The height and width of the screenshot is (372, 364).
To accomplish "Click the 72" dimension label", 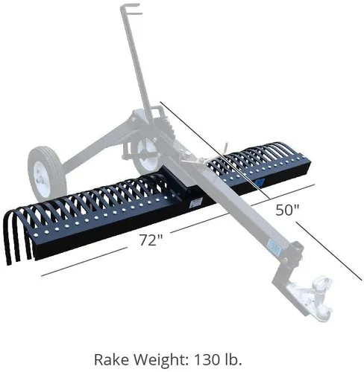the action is (151, 240).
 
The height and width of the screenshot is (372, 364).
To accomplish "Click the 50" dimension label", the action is (286, 210).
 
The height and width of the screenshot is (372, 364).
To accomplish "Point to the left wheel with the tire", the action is (46, 173).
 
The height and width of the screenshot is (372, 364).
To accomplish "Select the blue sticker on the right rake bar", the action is (260, 182).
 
